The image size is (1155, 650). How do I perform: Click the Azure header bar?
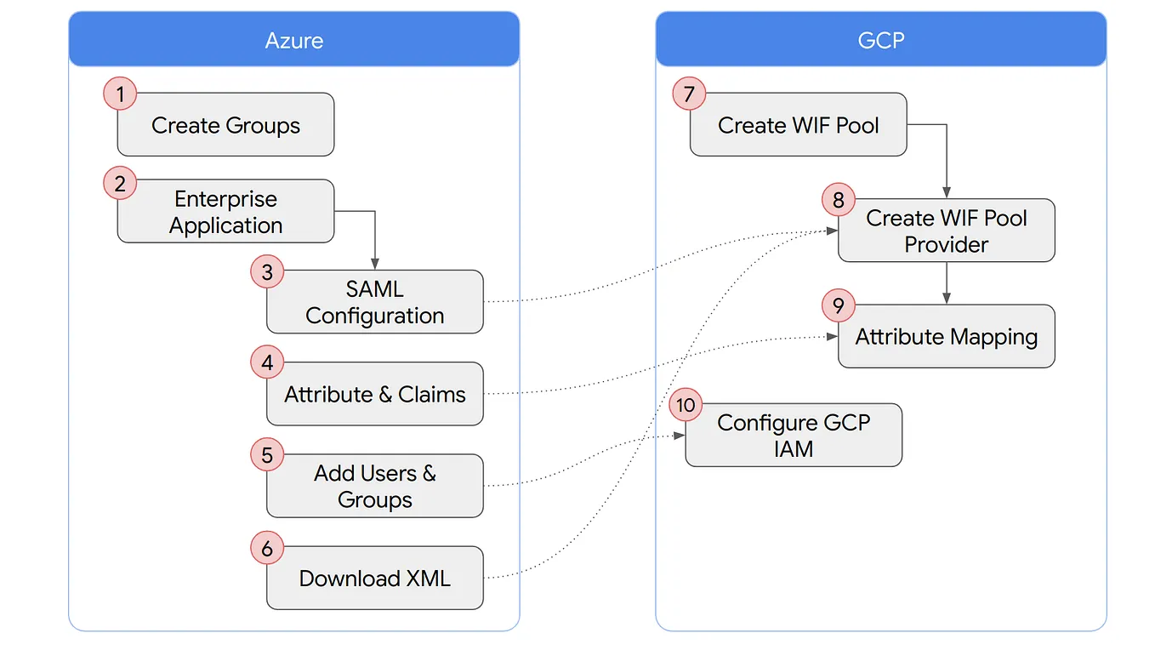click(x=293, y=39)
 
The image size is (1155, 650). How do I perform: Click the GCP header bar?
click(x=880, y=39)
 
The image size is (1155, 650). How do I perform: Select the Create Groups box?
click(x=225, y=125)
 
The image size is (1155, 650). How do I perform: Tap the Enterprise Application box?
click(x=225, y=212)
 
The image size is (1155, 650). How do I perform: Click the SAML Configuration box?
click(x=374, y=302)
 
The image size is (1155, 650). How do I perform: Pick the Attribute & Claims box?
click(x=374, y=394)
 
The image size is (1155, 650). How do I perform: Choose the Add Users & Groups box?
click(x=374, y=486)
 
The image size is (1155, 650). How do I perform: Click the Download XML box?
click(x=374, y=579)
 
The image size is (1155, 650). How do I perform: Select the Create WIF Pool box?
click(x=798, y=125)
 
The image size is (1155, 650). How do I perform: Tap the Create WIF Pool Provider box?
click(x=946, y=231)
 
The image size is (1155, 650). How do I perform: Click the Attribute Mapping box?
click(x=946, y=337)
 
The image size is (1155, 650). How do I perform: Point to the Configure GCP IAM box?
click(x=793, y=436)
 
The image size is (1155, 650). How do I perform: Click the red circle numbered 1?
click(x=120, y=93)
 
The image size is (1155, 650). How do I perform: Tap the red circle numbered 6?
click(x=267, y=548)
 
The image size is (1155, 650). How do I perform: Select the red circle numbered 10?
click(x=686, y=405)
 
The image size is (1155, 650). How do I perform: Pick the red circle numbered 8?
click(x=838, y=200)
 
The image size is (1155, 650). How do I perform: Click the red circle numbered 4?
click(x=267, y=363)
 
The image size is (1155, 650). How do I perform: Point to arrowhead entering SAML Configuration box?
click(x=374, y=265)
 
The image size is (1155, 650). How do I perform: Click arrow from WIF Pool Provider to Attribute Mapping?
click(x=946, y=282)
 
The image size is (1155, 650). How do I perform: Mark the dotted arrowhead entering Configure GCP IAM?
click(x=680, y=436)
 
